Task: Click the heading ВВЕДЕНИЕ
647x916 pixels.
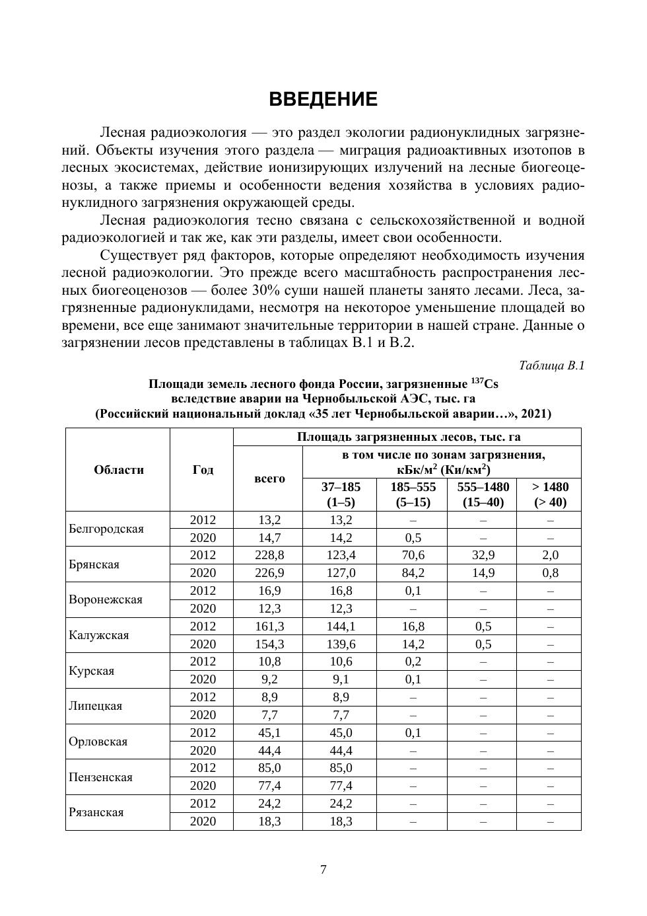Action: [323, 100]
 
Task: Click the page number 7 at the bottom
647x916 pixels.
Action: [323, 870]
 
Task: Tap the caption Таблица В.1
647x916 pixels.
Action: [551, 365]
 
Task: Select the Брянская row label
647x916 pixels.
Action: [94, 564]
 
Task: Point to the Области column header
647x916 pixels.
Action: [119, 470]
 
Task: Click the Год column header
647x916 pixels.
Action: [203, 470]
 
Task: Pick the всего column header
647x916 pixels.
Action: [269, 478]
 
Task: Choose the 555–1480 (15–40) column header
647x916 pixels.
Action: [483, 494]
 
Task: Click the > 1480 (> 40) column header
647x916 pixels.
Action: [550, 494]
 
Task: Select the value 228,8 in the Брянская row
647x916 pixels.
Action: [269, 555]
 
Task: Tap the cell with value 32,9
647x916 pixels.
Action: [483, 555]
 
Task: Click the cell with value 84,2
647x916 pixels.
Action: [413, 573]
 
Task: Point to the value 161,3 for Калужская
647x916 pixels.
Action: [269, 627]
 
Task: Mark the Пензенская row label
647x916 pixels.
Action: [100, 777]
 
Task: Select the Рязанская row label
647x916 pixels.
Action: [96, 813]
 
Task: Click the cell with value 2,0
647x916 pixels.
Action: [550, 555]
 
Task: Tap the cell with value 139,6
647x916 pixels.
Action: [341, 644]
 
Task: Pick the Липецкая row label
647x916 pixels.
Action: [96, 706]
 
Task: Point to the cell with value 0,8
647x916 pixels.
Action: [550, 573]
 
